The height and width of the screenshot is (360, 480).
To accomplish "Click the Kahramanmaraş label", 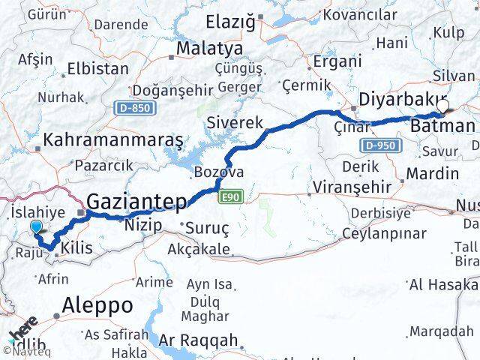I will pos(113,139).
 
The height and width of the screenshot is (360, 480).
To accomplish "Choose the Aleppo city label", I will pos(98,305).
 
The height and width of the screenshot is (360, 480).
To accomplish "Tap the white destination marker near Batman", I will pos(444,106).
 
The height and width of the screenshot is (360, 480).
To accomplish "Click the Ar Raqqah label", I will pos(198,339).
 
